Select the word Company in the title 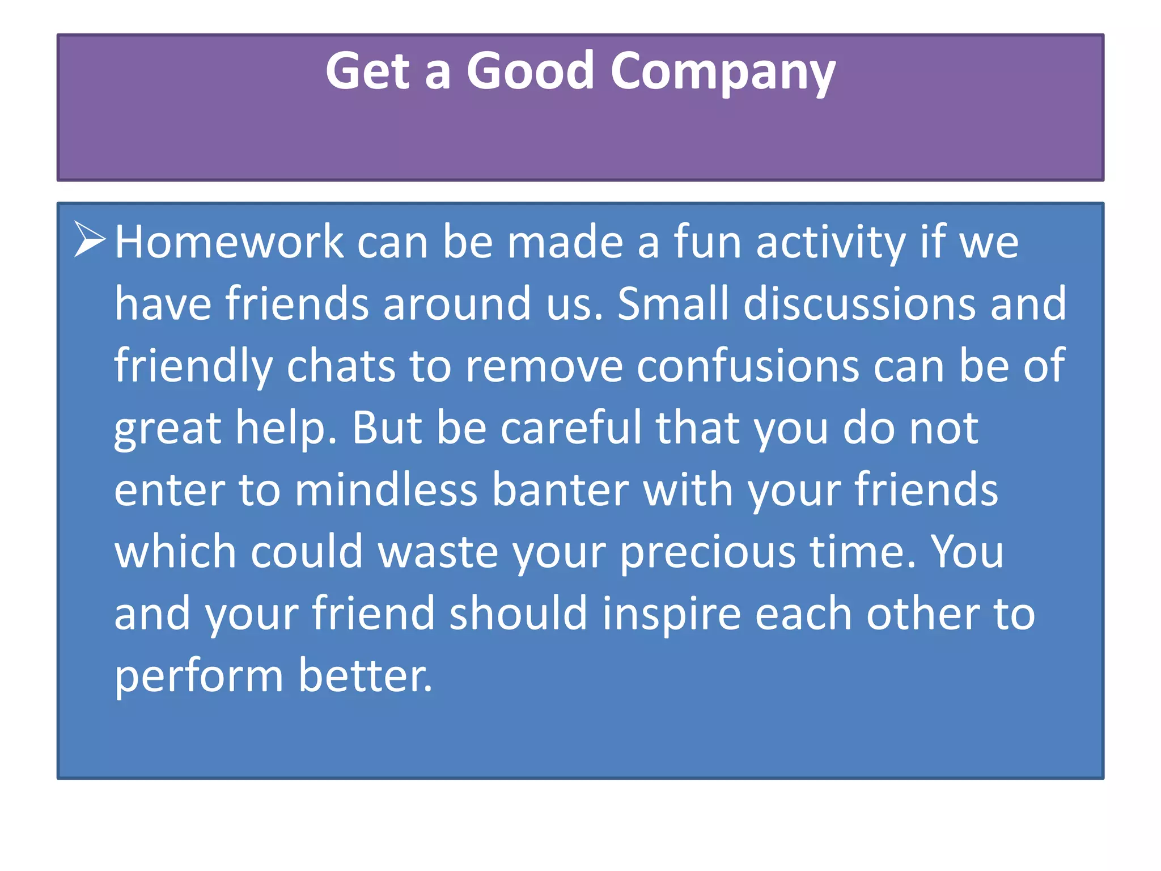(x=722, y=73)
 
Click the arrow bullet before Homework (x=90, y=240)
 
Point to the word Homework (x=229, y=242)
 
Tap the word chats (x=341, y=366)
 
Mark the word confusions (x=748, y=366)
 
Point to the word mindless (x=386, y=489)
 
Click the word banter (x=560, y=489)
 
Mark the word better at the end (x=365, y=675)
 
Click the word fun (x=707, y=242)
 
